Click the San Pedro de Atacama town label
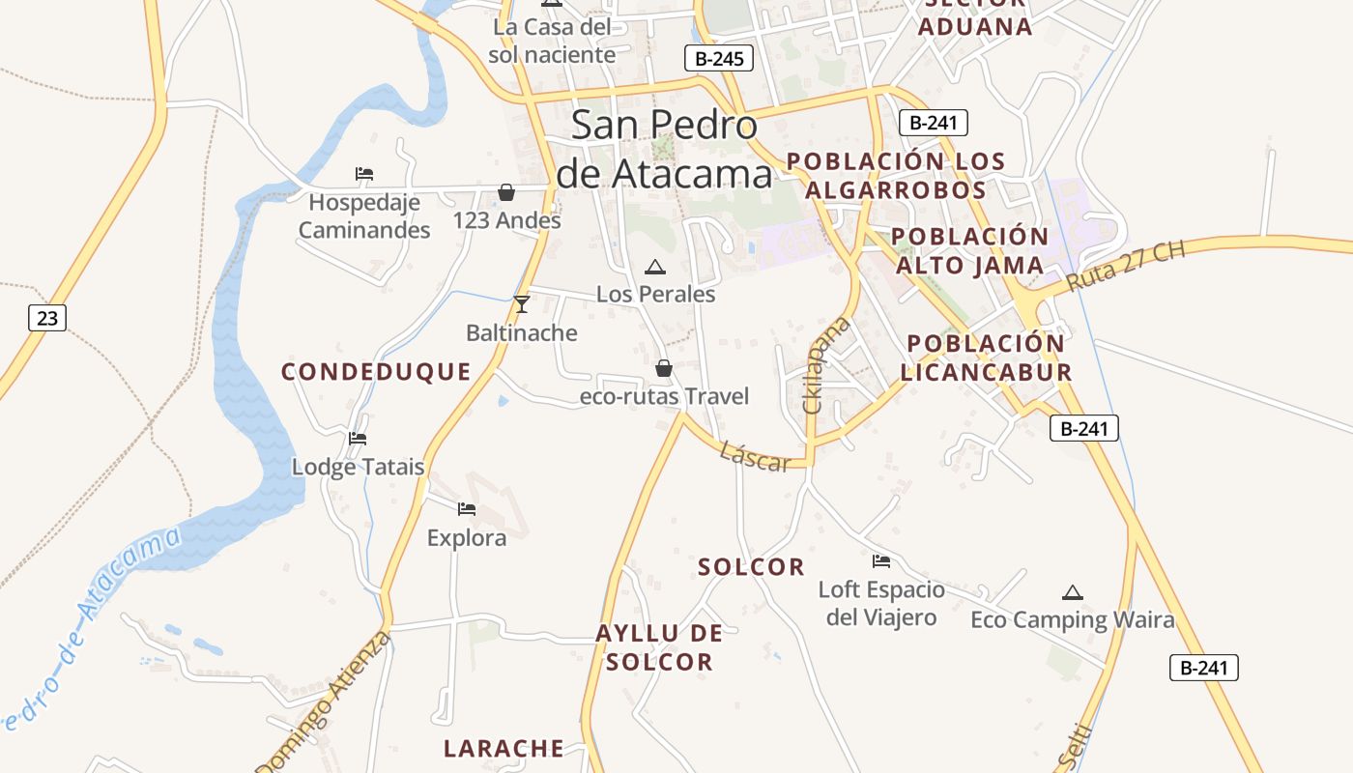coord(666,150)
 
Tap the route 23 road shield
coord(47,317)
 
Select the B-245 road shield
coord(719,58)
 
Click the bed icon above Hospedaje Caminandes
coord(364,174)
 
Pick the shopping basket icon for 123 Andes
coord(505,192)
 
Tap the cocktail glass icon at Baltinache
coord(522,304)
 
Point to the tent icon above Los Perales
coord(655,267)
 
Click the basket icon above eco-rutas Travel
coord(664,368)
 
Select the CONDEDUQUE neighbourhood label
coord(376,372)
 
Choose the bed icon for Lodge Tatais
coord(358,439)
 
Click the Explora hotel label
coord(467,538)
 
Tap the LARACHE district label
coord(504,749)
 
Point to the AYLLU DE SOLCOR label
coord(659,647)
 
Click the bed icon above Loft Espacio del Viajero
coord(881,560)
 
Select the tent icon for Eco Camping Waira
coord(1071,592)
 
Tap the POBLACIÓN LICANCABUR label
coord(986,358)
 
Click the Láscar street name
coord(755,456)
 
